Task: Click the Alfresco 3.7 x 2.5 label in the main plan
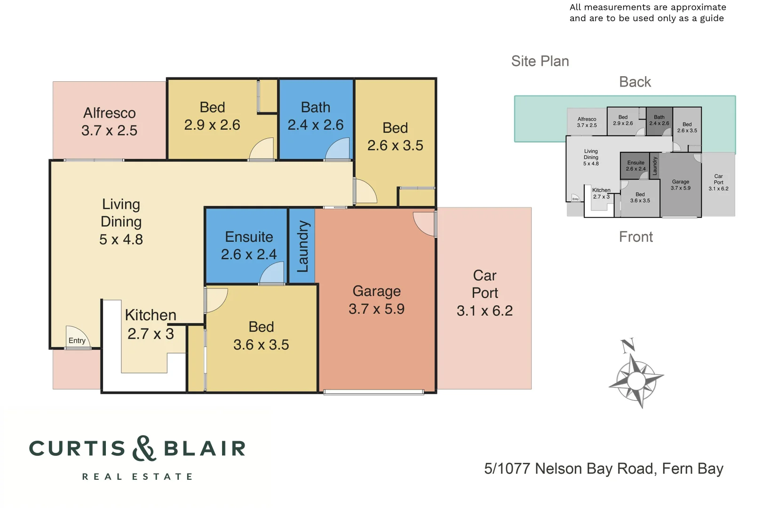(x=109, y=121)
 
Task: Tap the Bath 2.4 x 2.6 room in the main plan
(x=316, y=116)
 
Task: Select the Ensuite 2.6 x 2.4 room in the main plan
(x=248, y=245)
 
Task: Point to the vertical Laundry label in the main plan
(x=302, y=246)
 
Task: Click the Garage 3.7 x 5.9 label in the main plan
(x=376, y=300)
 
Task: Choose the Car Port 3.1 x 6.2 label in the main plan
(x=484, y=293)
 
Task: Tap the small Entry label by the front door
(x=77, y=341)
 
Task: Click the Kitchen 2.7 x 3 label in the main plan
(x=151, y=324)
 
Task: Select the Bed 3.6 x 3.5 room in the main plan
(x=261, y=336)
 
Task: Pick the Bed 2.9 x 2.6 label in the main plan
(x=212, y=116)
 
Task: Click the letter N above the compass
(x=628, y=346)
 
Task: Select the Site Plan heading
(x=540, y=61)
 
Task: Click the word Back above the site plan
(x=635, y=82)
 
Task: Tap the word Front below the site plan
(x=636, y=237)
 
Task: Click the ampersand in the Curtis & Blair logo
(x=144, y=448)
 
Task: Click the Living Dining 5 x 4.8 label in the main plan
(x=121, y=222)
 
